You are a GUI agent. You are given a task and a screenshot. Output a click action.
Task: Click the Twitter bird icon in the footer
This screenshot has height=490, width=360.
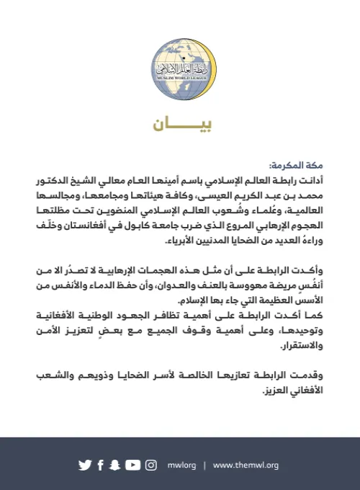coord(85,465)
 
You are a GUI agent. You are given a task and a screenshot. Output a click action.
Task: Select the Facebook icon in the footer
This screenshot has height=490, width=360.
coord(100,465)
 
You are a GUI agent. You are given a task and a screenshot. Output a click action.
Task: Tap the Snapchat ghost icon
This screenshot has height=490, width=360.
coord(114,465)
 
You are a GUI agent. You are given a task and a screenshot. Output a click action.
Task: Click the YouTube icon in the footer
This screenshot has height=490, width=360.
coord(132,465)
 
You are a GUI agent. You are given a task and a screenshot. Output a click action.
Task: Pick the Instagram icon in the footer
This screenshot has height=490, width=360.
coord(150,465)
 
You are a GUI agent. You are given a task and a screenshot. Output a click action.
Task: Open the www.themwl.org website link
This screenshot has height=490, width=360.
coord(246,465)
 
